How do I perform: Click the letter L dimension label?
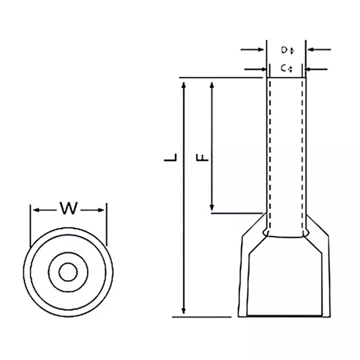[171, 157]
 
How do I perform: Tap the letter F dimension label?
[203, 157]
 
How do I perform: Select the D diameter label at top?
[285, 50]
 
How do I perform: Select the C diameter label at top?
[285, 69]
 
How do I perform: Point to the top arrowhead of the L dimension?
[183, 85]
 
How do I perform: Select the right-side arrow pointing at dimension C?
[309, 69]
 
